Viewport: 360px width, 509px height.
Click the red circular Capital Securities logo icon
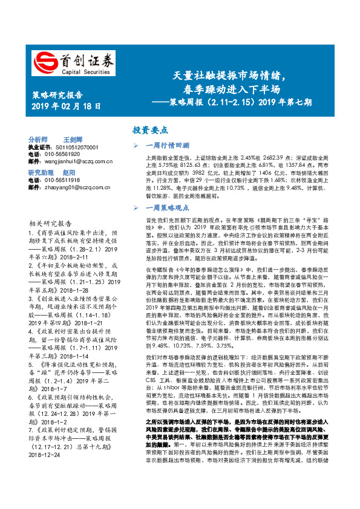[43, 61]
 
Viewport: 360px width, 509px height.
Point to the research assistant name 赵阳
[69, 173]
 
